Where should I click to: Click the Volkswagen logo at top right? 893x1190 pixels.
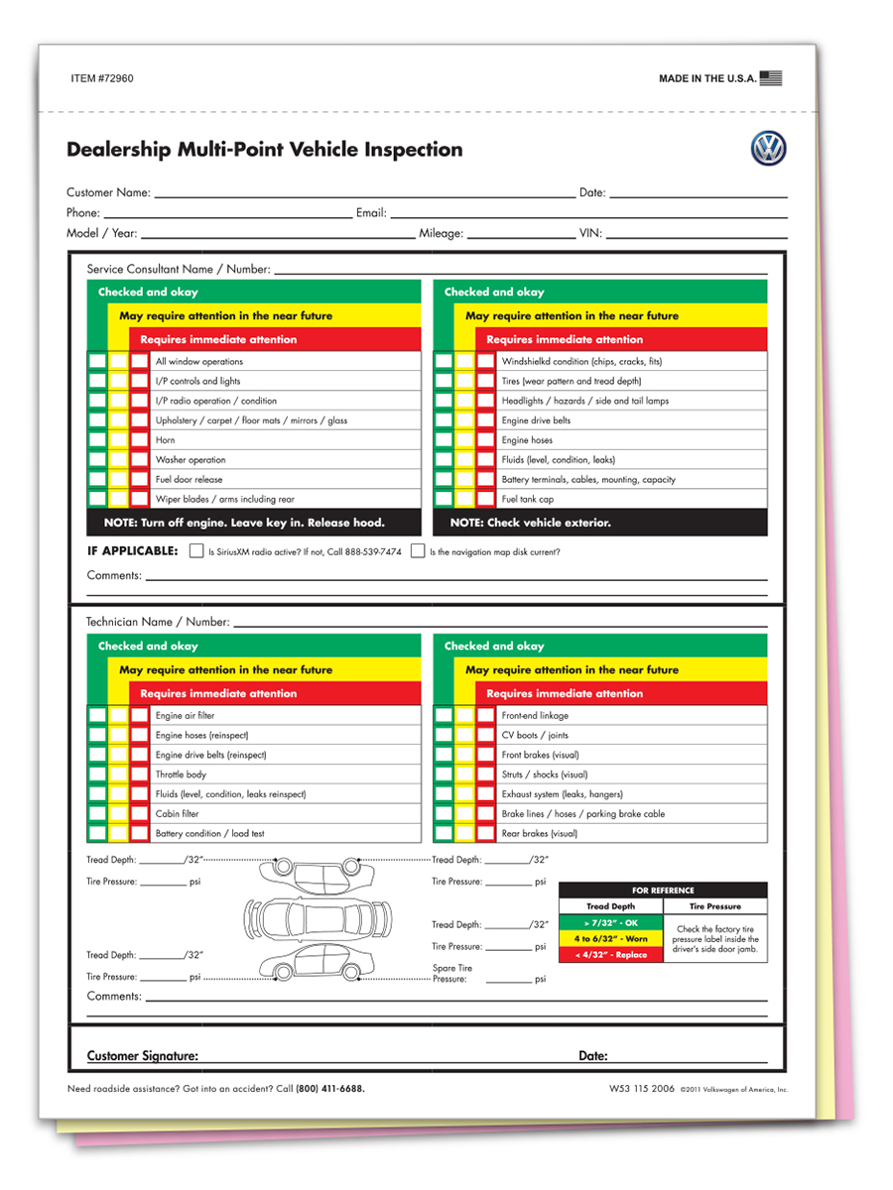click(768, 149)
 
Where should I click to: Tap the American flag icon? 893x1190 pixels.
click(771, 78)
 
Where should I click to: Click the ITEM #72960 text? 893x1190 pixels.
click(102, 78)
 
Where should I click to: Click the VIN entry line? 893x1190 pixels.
click(697, 236)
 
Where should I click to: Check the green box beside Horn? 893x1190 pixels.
click(97, 440)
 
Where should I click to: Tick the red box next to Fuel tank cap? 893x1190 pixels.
click(485, 500)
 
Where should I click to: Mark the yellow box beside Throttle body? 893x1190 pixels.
click(118, 774)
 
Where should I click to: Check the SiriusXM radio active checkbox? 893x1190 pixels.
click(196, 550)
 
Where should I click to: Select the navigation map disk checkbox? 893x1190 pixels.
click(418, 550)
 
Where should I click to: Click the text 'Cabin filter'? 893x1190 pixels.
click(178, 814)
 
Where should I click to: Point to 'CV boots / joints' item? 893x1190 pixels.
click(535, 735)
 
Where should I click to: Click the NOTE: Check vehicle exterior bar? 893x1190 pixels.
click(601, 523)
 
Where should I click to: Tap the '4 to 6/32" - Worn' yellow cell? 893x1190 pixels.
click(610, 938)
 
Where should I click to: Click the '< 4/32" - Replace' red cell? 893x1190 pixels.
click(610, 954)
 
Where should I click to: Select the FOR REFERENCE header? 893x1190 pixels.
click(663, 891)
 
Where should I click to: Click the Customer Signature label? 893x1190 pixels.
click(143, 1056)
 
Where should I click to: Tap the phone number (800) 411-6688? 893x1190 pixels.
click(330, 1088)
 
